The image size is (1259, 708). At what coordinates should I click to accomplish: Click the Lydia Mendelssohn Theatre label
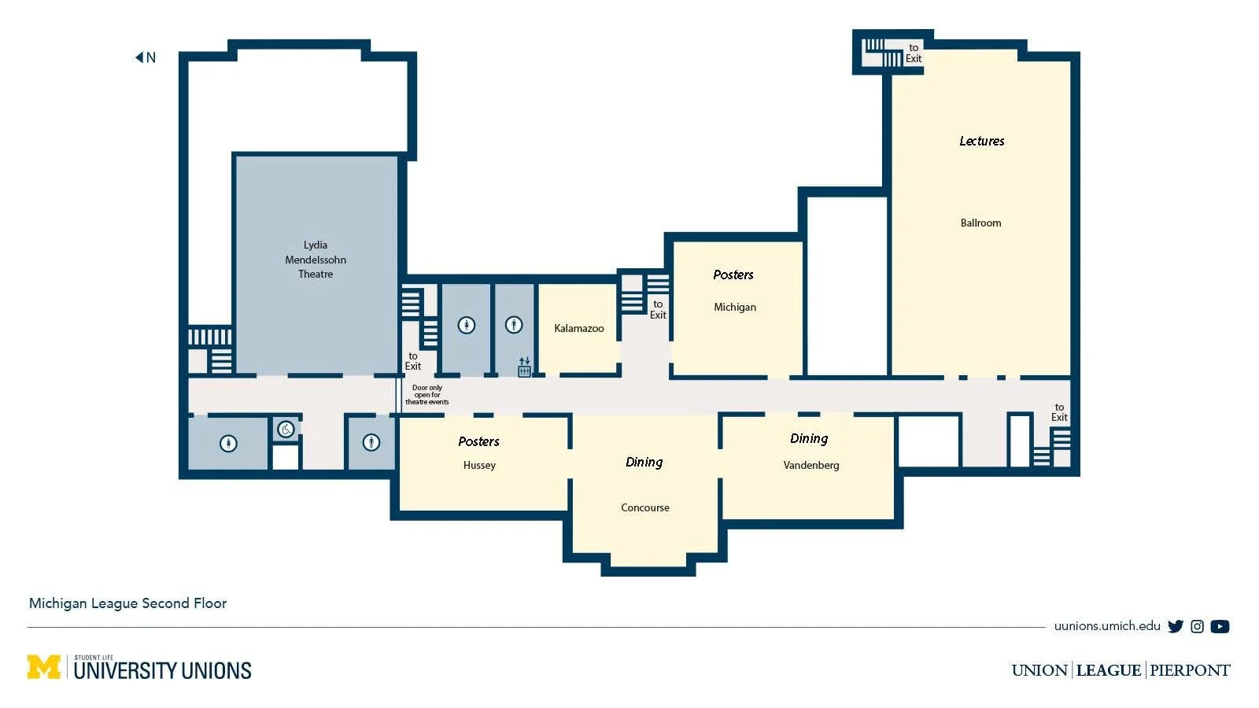coord(316,260)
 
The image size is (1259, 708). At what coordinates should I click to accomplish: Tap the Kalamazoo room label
coord(579,328)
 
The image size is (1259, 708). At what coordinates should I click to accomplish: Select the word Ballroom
coord(980,223)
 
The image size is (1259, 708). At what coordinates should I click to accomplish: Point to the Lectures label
coord(982,141)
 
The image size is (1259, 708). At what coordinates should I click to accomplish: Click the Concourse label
coord(645,507)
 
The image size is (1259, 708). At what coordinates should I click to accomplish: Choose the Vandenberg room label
coord(811,465)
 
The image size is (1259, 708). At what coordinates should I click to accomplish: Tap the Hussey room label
coord(479,465)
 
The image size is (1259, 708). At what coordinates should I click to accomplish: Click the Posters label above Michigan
coord(733,275)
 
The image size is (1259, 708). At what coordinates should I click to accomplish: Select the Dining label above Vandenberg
coord(810,439)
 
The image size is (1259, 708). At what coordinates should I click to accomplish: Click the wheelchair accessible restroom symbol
coord(286,430)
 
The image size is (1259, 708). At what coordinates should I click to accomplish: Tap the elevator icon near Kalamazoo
coord(524,367)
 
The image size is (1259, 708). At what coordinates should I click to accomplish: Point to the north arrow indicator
coord(146,57)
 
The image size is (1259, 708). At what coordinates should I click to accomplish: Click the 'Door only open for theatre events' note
coord(427,395)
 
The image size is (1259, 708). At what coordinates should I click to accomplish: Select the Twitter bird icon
coord(1176,626)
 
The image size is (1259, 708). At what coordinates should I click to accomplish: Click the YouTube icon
coord(1220,626)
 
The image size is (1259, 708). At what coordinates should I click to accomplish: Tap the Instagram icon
coord(1197,626)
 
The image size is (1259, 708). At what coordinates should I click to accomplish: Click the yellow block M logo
coord(44,667)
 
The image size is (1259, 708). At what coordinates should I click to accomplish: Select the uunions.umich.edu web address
coord(1107,626)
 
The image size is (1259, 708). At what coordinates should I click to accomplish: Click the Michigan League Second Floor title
coord(127,603)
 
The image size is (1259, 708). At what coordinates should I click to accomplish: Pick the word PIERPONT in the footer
coord(1190,670)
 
